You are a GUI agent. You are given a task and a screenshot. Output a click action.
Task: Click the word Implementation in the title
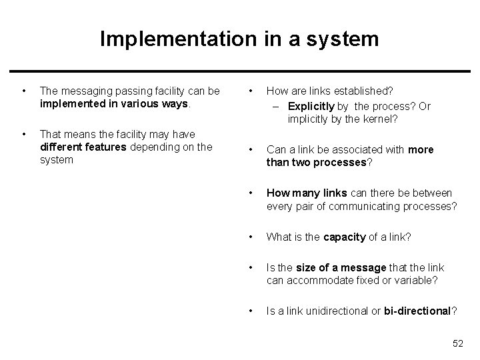(x=175, y=39)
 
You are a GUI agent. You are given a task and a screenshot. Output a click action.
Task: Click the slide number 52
(x=457, y=343)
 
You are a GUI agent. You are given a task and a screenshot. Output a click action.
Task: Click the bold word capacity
(x=344, y=237)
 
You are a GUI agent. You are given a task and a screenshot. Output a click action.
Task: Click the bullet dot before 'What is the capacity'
(x=249, y=237)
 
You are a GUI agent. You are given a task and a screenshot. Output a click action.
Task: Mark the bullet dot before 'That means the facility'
(x=24, y=134)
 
